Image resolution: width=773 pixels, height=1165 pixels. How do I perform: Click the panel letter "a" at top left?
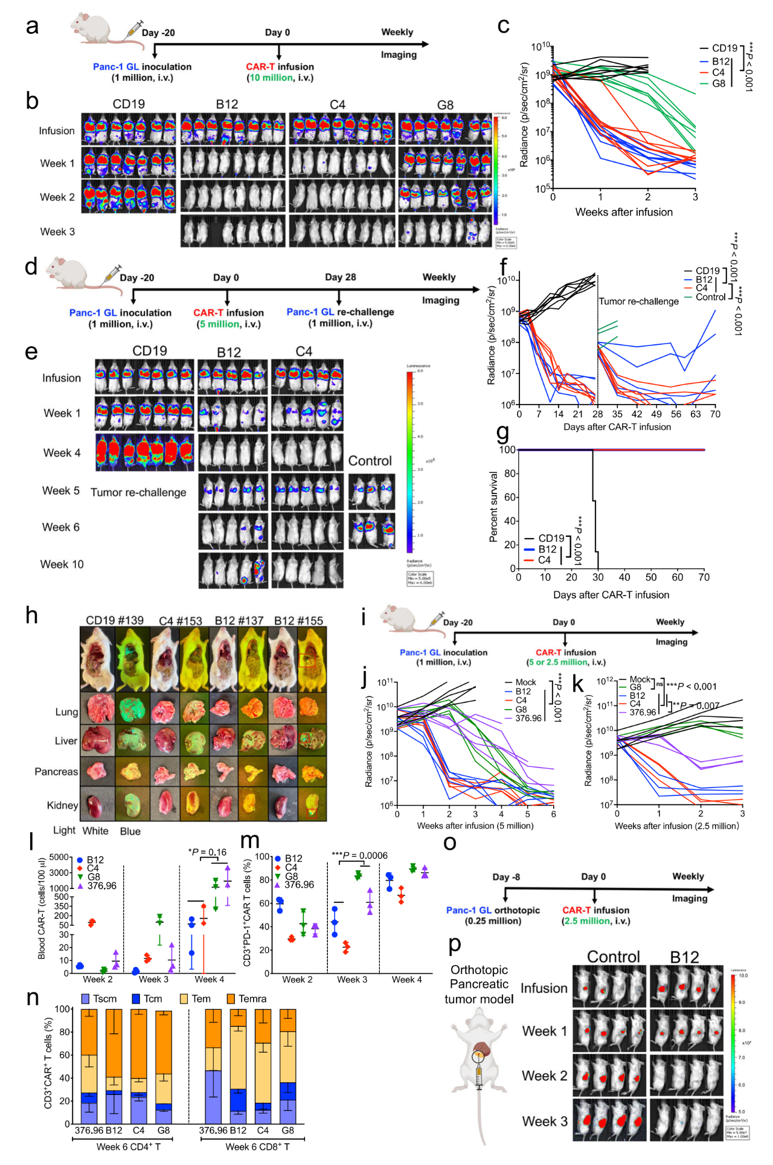(32, 27)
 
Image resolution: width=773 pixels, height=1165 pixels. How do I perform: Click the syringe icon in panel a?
(132, 30)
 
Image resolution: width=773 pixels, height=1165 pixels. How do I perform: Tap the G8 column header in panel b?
(445, 105)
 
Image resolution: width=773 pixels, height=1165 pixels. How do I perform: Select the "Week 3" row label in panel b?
(57, 232)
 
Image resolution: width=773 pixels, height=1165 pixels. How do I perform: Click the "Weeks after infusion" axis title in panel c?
(623, 212)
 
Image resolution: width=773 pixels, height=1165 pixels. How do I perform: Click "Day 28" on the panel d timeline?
(340, 277)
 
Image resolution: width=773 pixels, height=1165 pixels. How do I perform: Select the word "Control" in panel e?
(370, 461)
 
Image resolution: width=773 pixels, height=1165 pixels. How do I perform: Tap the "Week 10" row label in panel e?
(62, 564)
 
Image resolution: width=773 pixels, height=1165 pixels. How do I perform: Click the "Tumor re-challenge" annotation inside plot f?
(638, 301)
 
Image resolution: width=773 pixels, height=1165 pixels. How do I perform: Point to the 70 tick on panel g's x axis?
(704, 577)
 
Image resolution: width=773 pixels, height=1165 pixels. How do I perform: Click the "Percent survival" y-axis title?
(493, 507)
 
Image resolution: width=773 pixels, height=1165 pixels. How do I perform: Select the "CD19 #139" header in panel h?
(115, 620)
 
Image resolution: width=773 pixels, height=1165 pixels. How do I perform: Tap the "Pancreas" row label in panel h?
(56, 772)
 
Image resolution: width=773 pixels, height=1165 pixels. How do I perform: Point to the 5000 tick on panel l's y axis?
(59, 858)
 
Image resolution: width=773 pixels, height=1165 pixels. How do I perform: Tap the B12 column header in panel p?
(684, 957)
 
